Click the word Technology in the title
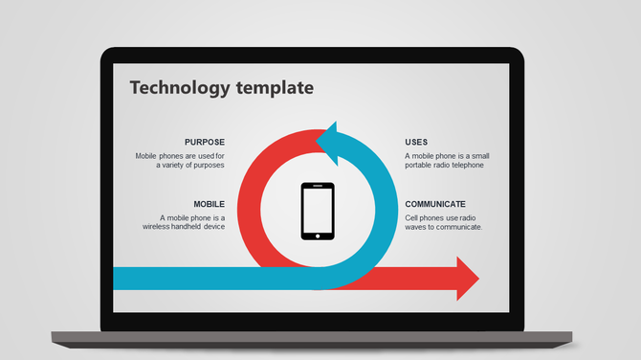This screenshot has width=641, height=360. click(180, 88)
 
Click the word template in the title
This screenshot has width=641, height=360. click(273, 88)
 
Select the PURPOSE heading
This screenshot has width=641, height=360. click(205, 142)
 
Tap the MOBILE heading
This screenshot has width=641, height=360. click(209, 204)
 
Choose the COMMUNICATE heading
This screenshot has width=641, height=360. click(435, 204)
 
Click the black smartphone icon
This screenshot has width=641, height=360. click(318, 211)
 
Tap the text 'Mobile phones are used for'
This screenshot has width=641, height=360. click(180, 155)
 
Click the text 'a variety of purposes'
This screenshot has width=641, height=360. click(190, 165)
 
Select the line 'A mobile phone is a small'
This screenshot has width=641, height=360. click(449, 155)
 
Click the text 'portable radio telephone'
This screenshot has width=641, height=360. click(444, 165)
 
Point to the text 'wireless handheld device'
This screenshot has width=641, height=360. click(184, 227)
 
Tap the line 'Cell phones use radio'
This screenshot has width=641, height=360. click(440, 217)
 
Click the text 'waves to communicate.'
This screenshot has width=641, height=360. click(443, 227)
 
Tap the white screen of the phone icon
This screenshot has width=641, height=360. click(318, 210)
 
